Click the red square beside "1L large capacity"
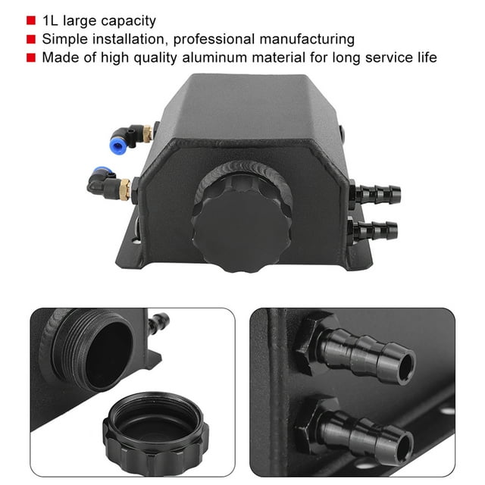31,20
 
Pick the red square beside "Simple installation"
31,39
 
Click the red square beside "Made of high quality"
31,58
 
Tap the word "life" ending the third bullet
427,58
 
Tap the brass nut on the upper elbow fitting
147,133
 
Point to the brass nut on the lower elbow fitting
124,189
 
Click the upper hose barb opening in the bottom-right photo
405,368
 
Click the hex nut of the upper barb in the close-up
313,343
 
